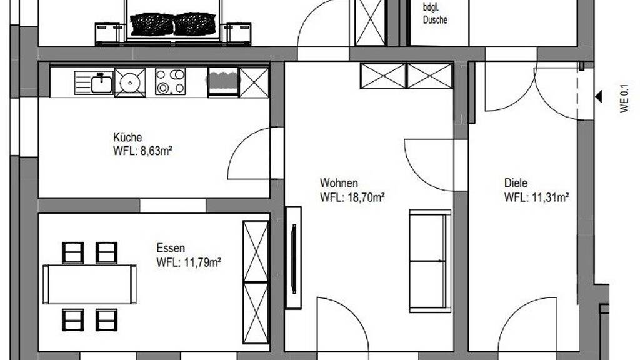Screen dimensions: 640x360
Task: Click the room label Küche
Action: pyautogui.click(x=127, y=137)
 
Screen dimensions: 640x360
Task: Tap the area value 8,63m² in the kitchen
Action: pyautogui.click(x=156, y=151)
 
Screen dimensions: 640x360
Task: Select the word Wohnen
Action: pyautogui.click(x=339, y=183)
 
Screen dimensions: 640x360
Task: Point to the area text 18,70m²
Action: pyautogui.click(x=366, y=197)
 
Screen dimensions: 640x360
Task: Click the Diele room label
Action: pyautogui.click(x=516, y=183)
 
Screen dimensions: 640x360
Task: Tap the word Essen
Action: pyautogui.click(x=171, y=248)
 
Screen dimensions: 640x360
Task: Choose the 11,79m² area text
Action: pyautogui.click(x=202, y=262)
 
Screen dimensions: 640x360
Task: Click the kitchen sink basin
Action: pyautogui.click(x=101, y=84)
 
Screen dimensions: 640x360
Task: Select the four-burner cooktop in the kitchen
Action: pyautogui.click(x=170, y=82)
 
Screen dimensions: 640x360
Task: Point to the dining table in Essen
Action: pyautogui.click(x=90, y=284)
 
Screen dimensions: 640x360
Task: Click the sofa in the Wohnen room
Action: pyautogui.click(x=430, y=261)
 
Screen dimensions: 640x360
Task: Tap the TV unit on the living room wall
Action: pyautogui.click(x=293, y=257)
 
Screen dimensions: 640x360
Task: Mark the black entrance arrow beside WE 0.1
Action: pyautogui.click(x=599, y=97)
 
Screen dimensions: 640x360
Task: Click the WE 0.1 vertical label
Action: pyautogui.click(x=624, y=98)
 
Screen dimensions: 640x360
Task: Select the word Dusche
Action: pyautogui.click(x=435, y=20)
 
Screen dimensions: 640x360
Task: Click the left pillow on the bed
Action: pyautogui.click(x=152, y=24)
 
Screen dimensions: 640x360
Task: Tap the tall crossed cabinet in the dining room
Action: pyautogui.click(x=256, y=282)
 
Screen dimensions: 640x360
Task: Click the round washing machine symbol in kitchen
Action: pyautogui.click(x=130, y=82)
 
